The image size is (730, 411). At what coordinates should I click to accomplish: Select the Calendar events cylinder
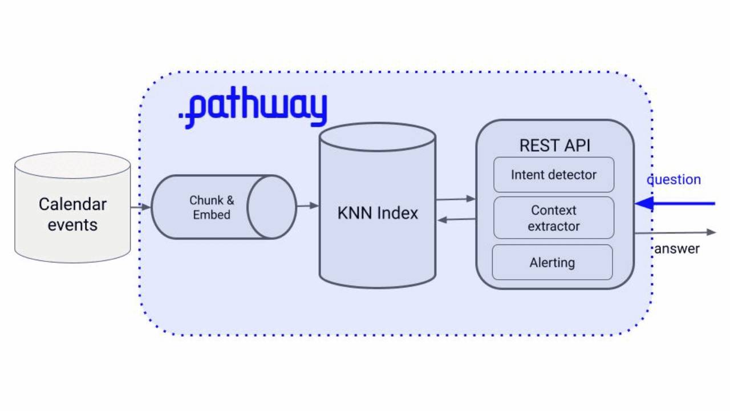[72, 215]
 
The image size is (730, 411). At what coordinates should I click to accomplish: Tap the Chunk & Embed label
[212, 208]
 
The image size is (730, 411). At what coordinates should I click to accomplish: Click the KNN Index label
[378, 213]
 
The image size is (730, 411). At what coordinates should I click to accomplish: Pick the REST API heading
[554, 146]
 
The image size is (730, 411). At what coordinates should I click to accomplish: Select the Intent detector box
[553, 175]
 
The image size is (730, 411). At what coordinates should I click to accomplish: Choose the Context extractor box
[553, 218]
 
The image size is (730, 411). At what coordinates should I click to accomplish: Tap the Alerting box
[552, 263]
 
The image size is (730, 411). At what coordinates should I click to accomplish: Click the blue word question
[674, 180]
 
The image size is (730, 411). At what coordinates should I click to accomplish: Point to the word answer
[677, 249]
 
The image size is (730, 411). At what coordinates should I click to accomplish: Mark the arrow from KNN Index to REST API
[456, 199]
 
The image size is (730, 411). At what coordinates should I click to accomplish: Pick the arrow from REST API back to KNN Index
[456, 220]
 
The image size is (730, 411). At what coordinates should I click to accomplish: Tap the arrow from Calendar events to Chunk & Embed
[141, 207]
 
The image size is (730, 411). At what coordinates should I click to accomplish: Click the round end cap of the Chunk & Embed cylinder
[271, 207]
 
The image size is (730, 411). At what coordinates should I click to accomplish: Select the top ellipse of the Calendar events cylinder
[72, 165]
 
